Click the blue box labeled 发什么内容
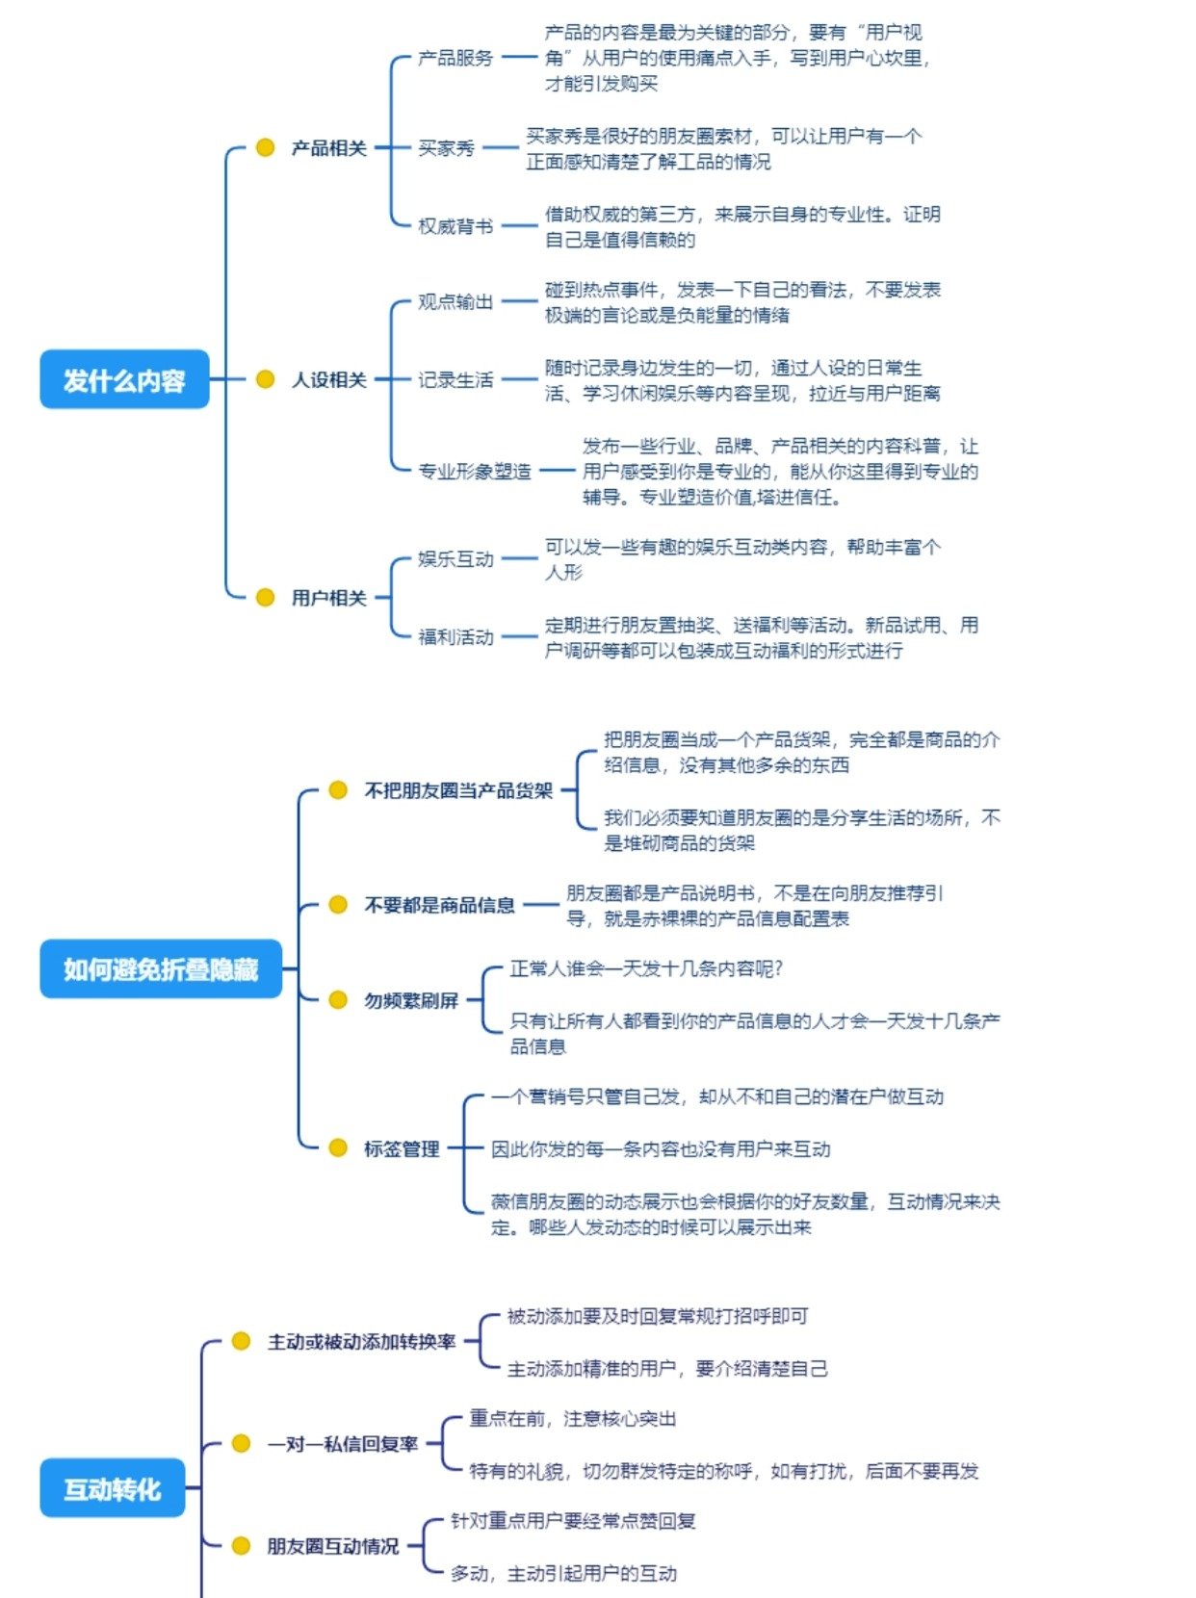124,379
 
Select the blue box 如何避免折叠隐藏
161,968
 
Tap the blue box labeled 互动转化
112,1488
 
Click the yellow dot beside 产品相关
266,147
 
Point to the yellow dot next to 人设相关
266,379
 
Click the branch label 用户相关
329,598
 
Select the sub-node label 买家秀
446,147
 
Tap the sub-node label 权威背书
455,226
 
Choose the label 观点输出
455,301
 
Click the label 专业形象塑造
475,471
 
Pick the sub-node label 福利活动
455,636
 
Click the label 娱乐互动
455,558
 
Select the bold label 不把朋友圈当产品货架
458,790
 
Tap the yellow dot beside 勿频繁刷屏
338,1000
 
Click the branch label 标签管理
402,1147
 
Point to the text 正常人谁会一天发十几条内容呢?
645,968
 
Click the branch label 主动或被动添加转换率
361,1341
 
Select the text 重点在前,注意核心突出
573,1418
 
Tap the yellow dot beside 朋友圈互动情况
242,1546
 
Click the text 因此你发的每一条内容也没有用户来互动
661,1148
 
